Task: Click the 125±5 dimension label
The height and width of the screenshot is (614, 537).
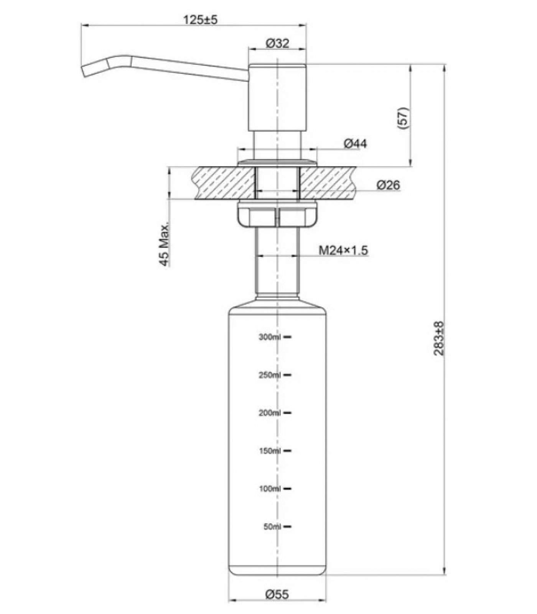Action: tap(200, 20)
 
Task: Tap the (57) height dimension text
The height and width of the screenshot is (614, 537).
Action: tap(404, 118)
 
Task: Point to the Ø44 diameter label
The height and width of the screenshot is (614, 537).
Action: tap(355, 144)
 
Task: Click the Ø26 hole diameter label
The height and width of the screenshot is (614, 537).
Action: tap(388, 185)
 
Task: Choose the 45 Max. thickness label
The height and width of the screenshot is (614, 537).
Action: tap(165, 244)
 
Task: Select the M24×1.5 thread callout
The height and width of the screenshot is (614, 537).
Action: tap(343, 251)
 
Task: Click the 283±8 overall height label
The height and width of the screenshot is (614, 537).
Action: tap(439, 338)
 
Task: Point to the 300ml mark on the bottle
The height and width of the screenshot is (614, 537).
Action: tap(270, 337)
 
